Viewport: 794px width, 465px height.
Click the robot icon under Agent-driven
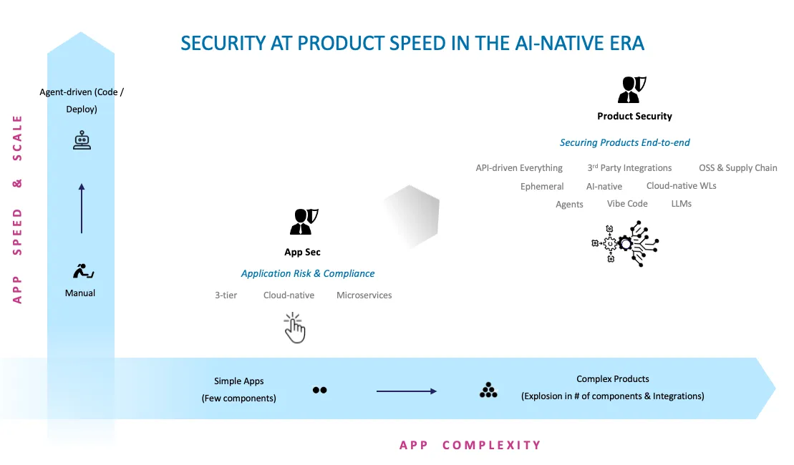coord(82,140)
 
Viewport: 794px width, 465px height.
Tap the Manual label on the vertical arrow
coord(80,293)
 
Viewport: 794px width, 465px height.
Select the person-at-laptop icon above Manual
coord(83,271)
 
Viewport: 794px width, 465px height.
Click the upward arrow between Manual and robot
coord(82,208)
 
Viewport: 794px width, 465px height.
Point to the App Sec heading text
coord(302,252)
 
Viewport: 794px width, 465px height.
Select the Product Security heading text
coord(634,116)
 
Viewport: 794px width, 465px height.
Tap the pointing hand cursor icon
coord(295,328)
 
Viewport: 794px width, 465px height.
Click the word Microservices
coord(364,295)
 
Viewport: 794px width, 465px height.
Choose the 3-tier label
coord(226,295)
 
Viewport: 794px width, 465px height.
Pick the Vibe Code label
coord(627,203)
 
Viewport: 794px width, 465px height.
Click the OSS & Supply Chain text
coord(737,167)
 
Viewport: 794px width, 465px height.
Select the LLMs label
coord(682,203)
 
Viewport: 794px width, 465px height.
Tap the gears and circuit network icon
coord(625,243)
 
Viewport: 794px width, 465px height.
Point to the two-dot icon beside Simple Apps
coord(319,391)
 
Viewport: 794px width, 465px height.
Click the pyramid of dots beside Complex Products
coord(488,391)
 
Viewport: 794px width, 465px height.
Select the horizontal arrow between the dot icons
coord(406,391)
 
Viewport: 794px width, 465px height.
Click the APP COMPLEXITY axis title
coord(470,445)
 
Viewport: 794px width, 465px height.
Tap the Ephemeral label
coord(542,186)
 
